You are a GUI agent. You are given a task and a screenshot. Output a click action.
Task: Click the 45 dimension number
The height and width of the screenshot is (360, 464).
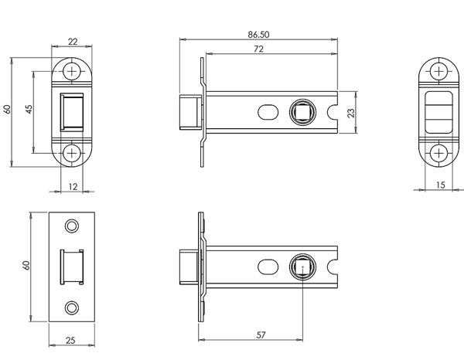(29, 110)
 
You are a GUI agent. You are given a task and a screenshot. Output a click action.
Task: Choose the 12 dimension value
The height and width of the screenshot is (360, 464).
(73, 185)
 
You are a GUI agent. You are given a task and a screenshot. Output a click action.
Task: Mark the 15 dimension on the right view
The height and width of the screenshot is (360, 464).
(439, 184)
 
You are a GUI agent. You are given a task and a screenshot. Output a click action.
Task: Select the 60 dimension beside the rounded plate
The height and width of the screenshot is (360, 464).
(7, 110)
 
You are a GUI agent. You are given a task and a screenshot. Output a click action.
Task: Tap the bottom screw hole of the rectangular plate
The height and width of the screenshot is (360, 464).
(73, 307)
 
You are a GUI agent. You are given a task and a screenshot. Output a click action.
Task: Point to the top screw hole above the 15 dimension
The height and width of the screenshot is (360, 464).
(439, 72)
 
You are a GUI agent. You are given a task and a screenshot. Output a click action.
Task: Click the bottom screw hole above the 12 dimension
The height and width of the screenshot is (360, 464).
(73, 152)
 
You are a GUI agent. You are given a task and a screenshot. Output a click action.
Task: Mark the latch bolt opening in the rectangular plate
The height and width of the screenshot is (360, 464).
(70, 266)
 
